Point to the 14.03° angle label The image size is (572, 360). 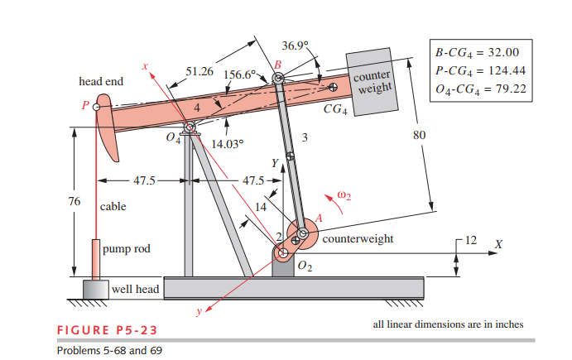pyautogui.click(x=228, y=143)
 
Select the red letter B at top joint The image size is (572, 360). pyautogui.click(x=277, y=65)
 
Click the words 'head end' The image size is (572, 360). pyautogui.click(x=101, y=82)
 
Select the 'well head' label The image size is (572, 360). pyautogui.click(x=135, y=289)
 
